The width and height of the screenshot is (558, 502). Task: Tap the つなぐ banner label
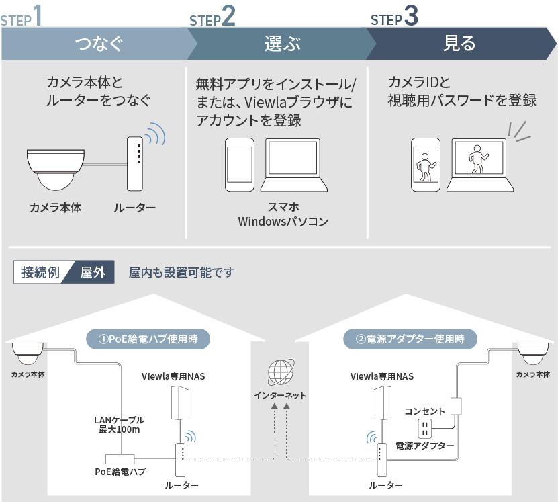click(99, 44)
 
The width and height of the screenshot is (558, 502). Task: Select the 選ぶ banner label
click(282, 44)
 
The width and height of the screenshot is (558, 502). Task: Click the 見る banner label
click(460, 44)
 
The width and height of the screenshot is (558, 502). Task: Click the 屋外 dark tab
click(93, 273)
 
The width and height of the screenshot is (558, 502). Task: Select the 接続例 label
click(40, 273)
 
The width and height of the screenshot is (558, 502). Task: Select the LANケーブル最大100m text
click(119, 425)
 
